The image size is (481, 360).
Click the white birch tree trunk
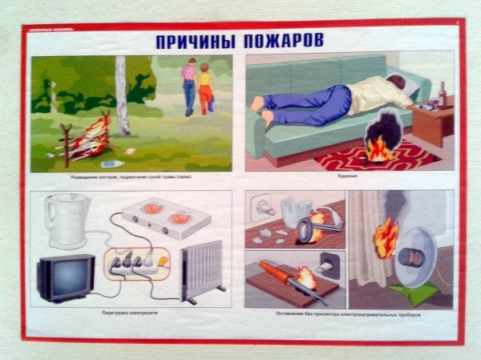pos(122,96)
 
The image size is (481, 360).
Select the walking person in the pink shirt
pos(188,89)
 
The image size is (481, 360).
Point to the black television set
pos(64,277)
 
